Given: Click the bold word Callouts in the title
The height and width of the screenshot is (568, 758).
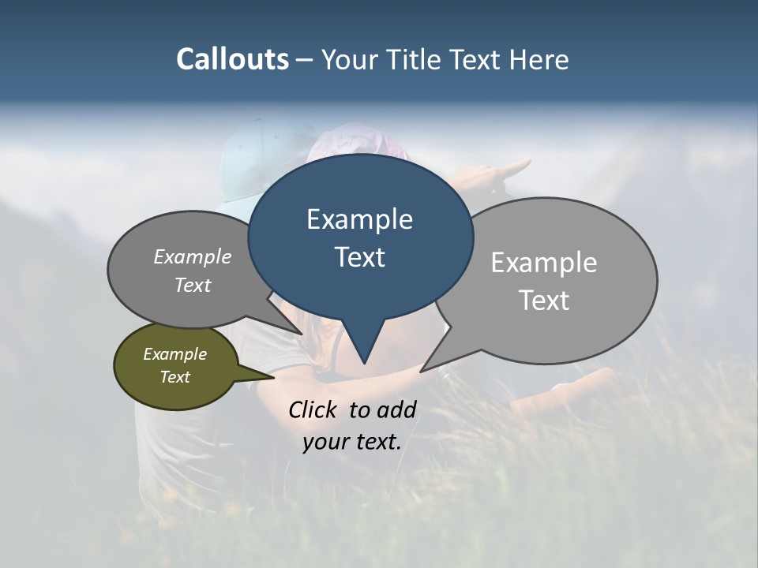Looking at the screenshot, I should point(232,59).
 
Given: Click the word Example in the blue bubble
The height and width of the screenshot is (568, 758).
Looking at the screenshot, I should point(359,219).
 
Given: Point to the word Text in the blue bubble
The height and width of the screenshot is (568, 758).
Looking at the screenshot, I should point(359,257).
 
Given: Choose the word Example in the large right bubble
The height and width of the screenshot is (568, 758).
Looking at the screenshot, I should point(544,263).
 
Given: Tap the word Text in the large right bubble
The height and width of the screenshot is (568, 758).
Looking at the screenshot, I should point(544,301).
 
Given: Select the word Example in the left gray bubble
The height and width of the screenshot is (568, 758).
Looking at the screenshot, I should point(193,256).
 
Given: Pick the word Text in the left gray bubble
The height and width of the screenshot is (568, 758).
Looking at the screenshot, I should point(193,285).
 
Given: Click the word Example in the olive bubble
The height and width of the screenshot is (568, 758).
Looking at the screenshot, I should point(174,354).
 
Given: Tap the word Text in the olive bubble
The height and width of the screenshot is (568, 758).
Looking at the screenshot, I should point(174,377).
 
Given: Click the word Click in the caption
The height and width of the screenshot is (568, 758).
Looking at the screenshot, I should point(313,409).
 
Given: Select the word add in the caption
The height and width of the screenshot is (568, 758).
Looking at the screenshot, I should point(396,409).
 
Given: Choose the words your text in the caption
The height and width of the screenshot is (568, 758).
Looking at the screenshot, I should point(351,442).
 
